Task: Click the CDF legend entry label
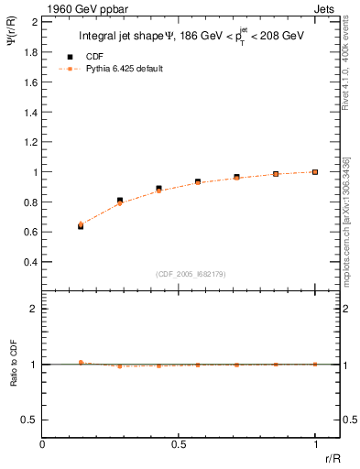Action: pos(94,56)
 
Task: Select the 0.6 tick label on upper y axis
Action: pos(30,232)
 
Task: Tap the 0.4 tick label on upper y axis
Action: pos(30,262)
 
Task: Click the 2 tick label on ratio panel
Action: pos(34,309)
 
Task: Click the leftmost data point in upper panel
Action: pos(81,225)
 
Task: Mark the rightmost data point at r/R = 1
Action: pos(315,171)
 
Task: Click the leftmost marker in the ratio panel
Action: pos(81,363)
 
